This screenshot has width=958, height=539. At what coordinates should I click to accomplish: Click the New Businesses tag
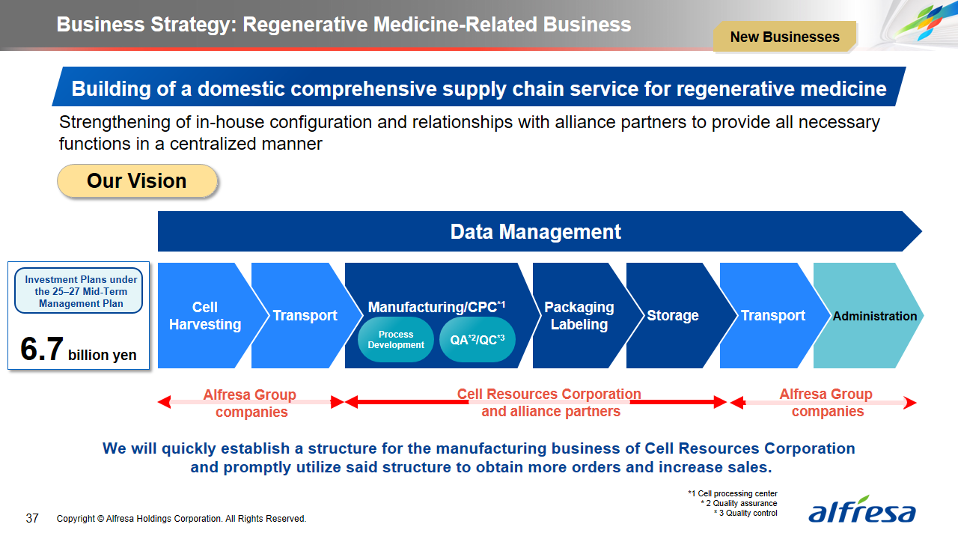pos(784,37)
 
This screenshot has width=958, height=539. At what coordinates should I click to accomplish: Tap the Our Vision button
pos(137,181)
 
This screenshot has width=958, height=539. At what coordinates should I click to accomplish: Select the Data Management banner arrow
pos(536,231)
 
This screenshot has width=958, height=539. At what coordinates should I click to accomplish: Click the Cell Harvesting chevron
pos(204,316)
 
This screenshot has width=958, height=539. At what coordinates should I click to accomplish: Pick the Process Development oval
pos(396,340)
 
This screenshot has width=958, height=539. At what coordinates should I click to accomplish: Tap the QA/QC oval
pos(478,340)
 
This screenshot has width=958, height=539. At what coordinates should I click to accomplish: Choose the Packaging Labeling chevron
pos(579,316)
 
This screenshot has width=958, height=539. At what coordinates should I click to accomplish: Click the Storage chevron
pos(673,316)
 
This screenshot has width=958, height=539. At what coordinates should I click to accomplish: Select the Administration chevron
pos(874,316)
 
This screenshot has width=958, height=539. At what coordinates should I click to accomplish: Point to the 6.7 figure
pos(42,350)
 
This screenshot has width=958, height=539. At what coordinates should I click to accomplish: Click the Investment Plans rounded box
pos(79,291)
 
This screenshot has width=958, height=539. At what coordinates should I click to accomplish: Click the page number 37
pos(32,518)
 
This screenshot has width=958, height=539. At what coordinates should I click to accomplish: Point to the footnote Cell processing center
pos(733,494)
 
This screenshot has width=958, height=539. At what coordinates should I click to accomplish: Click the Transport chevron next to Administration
pos(772,316)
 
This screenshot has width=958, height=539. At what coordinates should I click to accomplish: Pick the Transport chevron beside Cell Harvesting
pos(305,316)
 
